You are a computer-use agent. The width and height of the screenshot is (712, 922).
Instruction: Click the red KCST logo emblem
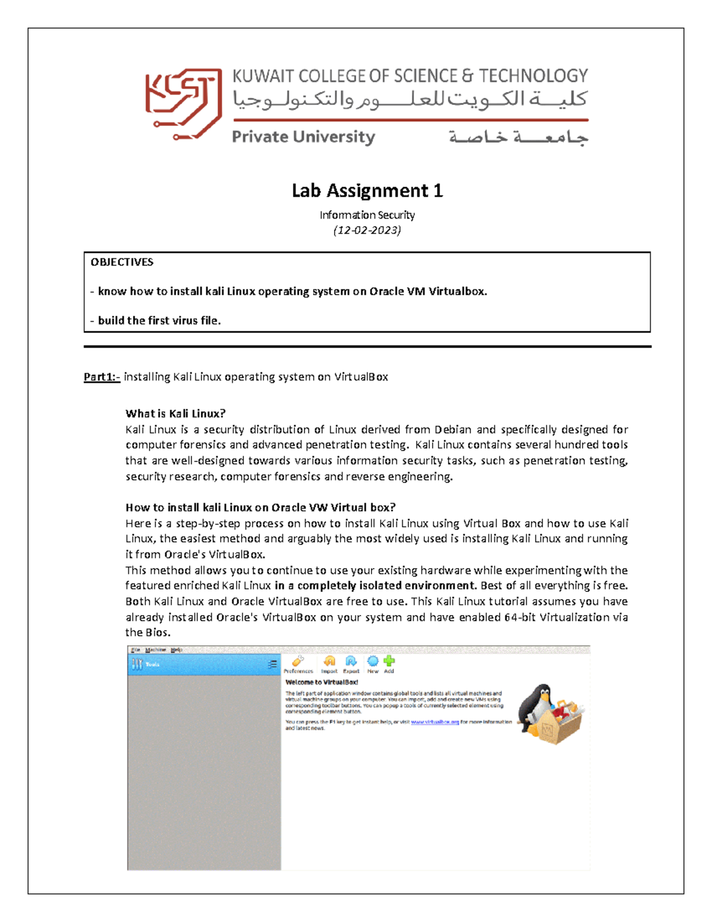pyautogui.click(x=183, y=104)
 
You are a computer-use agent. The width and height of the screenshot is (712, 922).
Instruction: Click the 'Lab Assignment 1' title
pyautogui.click(x=367, y=191)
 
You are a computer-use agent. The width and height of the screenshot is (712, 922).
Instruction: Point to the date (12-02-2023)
pyautogui.click(x=367, y=230)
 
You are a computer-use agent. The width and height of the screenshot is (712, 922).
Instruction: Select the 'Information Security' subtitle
pyautogui.click(x=367, y=215)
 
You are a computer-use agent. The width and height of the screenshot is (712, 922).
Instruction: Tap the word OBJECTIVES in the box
pyautogui.click(x=122, y=262)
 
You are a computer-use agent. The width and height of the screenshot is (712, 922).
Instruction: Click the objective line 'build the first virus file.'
pyautogui.click(x=159, y=321)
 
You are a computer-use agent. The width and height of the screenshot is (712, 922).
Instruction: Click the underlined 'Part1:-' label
pyautogui.click(x=101, y=377)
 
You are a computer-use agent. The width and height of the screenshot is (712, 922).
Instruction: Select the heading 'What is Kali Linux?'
pyautogui.click(x=175, y=414)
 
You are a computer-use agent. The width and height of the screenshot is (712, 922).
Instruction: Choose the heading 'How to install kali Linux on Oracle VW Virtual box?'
pyautogui.click(x=260, y=508)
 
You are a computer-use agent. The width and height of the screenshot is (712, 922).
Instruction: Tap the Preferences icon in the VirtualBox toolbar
pyautogui.click(x=298, y=661)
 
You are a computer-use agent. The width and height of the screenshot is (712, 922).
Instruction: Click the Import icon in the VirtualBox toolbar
pyautogui.click(x=329, y=661)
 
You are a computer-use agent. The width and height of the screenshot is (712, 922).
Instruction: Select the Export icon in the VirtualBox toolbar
pyautogui.click(x=351, y=661)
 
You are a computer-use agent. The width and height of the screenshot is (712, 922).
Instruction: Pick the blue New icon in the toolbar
pyautogui.click(x=373, y=661)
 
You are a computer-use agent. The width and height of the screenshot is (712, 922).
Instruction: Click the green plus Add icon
pyautogui.click(x=389, y=661)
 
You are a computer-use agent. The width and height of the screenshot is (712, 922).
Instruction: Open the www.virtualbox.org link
pyautogui.click(x=435, y=723)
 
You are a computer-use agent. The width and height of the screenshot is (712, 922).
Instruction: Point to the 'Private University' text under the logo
pyautogui.click(x=303, y=137)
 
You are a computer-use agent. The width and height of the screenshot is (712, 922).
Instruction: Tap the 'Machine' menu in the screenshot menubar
pyautogui.click(x=155, y=650)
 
